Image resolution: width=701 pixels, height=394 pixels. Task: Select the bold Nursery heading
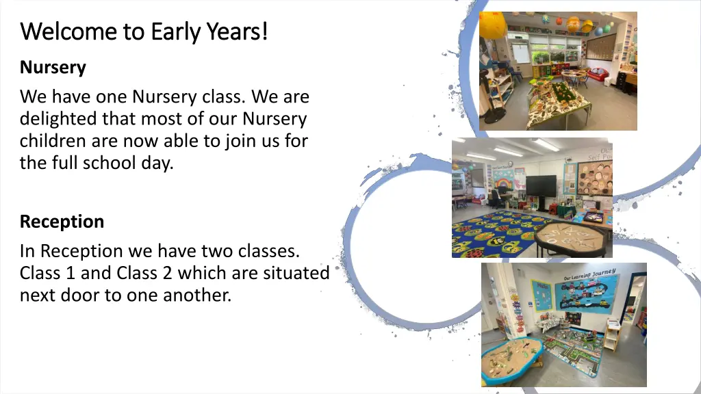(53, 68)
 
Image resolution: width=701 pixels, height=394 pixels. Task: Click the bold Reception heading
(62, 222)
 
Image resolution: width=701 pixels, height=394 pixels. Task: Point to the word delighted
(59, 119)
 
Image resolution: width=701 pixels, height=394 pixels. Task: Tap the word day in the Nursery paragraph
(159, 163)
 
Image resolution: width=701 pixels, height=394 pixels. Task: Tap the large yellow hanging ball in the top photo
(492, 25)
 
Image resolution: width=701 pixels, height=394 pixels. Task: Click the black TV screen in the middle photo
(541, 187)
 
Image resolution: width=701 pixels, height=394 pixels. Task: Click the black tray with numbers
(572, 236)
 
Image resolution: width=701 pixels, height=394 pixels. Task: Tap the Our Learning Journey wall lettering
(590, 274)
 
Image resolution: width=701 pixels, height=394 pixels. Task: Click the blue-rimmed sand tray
(511, 358)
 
